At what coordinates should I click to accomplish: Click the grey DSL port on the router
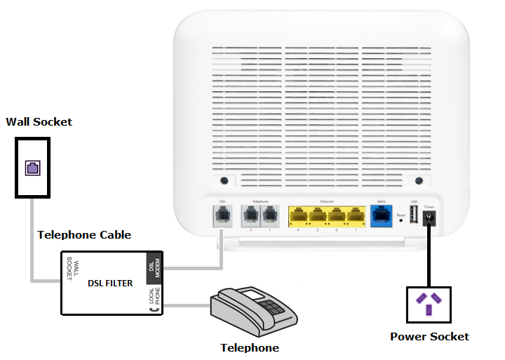point(222,213)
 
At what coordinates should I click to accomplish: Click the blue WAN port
point(382,213)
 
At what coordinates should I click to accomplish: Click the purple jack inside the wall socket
point(33,167)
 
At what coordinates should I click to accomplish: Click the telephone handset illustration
point(249,309)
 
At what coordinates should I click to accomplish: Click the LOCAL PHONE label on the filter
point(152,301)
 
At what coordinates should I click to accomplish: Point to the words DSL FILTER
point(109,284)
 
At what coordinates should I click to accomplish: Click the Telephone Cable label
point(83,234)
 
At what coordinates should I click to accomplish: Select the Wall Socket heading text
point(39,121)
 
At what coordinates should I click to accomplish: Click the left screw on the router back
point(222,180)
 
